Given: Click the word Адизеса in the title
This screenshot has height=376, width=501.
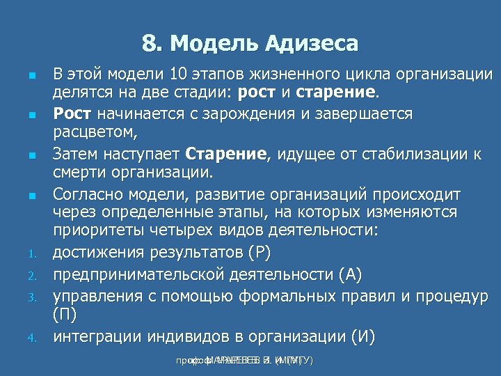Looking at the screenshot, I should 312,45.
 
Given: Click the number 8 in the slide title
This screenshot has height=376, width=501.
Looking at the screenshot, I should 149,45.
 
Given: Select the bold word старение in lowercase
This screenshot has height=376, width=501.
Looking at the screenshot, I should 336,93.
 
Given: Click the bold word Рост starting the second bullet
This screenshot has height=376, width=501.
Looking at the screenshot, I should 73,113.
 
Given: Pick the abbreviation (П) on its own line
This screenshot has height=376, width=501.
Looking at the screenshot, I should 65,315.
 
